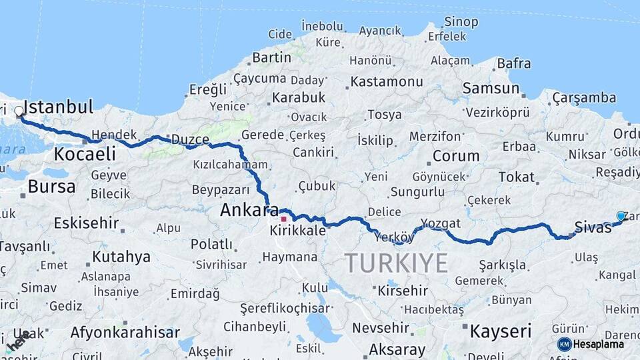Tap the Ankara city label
click(249, 211)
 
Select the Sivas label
click(593, 227)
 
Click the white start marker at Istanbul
click(19, 111)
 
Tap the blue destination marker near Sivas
click(621, 217)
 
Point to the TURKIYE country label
click(396, 263)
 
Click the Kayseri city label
click(501, 331)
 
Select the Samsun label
click(491, 88)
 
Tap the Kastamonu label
click(387, 82)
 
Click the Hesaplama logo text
click(598, 344)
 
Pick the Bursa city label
click(51, 187)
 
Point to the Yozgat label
click(441, 223)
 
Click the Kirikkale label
click(298, 230)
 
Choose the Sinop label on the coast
click(461, 23)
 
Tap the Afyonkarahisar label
click(125, 332)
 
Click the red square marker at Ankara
click(283, 218)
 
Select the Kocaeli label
click(85, 154)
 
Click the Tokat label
click(517, 177)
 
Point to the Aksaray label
click(397, 349)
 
